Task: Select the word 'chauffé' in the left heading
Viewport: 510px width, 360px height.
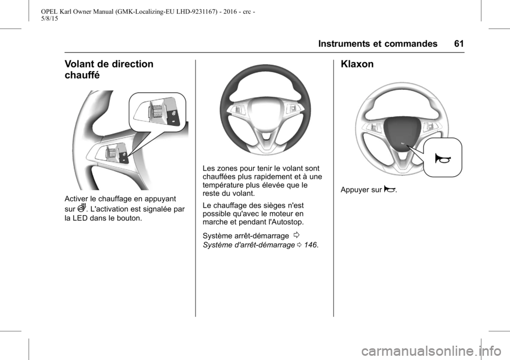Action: coord(81,75)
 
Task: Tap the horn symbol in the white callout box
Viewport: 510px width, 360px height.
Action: coord(443,158)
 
